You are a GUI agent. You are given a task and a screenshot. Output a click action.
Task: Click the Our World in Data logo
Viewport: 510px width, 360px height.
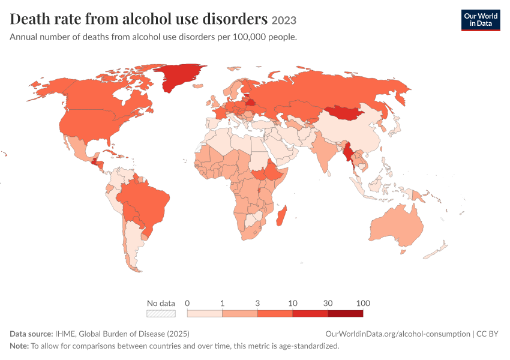click(x=481, y=20)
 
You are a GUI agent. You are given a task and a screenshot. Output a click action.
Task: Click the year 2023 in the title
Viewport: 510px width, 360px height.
click(x=284, y=20)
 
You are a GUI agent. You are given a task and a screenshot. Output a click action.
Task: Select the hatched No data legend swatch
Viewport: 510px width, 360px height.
click(x=161, y=313)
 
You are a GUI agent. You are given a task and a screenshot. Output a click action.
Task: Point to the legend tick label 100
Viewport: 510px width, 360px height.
click(x=363, y=303)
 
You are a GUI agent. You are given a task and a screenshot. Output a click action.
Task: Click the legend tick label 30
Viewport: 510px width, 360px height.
click(x=328, y=303)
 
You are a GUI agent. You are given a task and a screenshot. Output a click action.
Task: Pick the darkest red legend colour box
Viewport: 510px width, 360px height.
click(x=346, y=313)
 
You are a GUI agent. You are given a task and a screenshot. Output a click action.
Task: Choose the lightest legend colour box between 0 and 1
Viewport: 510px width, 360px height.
click(x=205, y=313)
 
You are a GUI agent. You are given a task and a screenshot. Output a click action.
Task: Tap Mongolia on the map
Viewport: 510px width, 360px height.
click(x=345, y=113)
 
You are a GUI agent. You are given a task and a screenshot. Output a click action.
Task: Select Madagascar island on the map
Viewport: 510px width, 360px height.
click(x=281, y=215)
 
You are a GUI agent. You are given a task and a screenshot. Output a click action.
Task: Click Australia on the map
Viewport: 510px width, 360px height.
click(x=397, y=224)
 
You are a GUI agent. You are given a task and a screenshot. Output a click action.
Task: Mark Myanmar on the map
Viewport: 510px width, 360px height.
click(x=349, y=154)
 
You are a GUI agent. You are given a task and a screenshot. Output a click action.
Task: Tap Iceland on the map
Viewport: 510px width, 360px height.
click(x=198, y=86)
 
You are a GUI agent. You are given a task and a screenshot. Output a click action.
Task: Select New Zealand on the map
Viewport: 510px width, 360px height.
click(x=437, y=250)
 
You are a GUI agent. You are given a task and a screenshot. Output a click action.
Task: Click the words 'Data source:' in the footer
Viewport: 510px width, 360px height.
click(x=31, y=334)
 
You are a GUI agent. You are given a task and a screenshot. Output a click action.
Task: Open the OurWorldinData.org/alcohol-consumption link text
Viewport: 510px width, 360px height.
click(x=398, y=334)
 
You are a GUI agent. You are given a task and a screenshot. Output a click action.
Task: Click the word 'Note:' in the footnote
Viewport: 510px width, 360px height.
click(x=19, y=346)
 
